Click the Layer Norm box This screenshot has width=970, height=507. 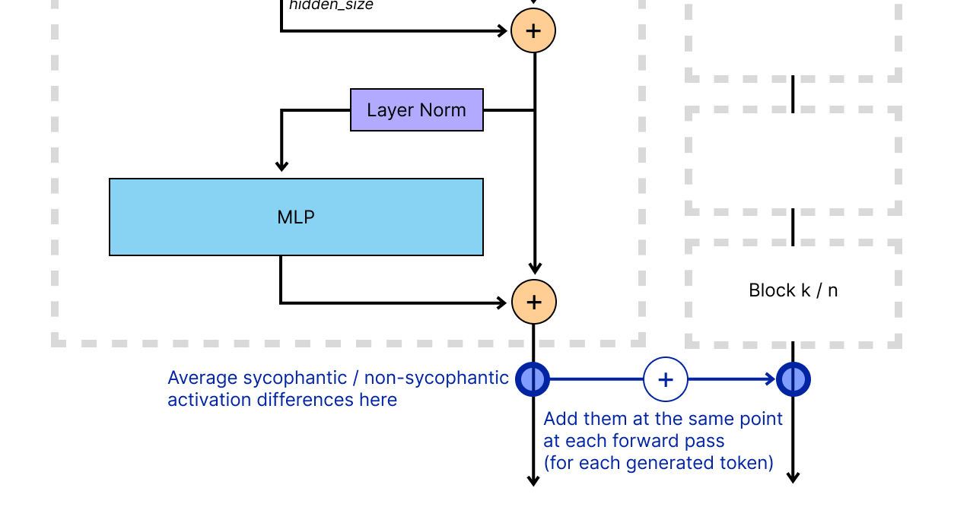[x=416, y=110]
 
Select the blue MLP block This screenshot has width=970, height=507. [x=296, y=217]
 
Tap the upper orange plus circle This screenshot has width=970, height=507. [x=533, y=31]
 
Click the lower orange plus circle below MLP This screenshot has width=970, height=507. [x=533, y=302]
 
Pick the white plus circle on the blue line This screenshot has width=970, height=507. [x=666, y=379]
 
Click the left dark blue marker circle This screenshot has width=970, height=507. [x=533, y=379]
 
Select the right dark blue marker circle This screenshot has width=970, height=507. [x=793, y=379]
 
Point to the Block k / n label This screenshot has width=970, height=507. [x=793, y=290]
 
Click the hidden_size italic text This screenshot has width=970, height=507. [x=331, y=5]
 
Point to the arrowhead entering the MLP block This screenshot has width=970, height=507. [x=281, y=166]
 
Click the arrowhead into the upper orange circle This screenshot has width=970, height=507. [x=502, y=31]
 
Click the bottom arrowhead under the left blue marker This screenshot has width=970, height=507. [x=533, y=480]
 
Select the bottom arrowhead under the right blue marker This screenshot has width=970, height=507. [x=793, y=478]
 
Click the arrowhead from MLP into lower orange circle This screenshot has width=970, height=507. [x=502, y=303]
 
